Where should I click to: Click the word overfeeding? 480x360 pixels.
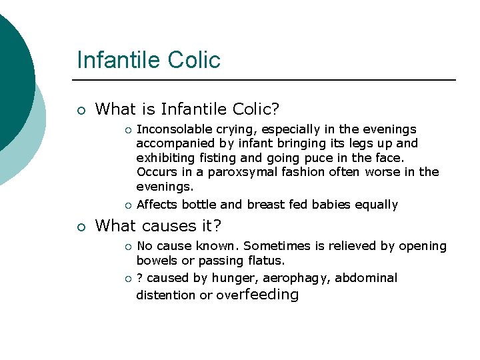click(x=257, y=294)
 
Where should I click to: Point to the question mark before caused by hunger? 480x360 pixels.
click(x=139, y=278)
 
